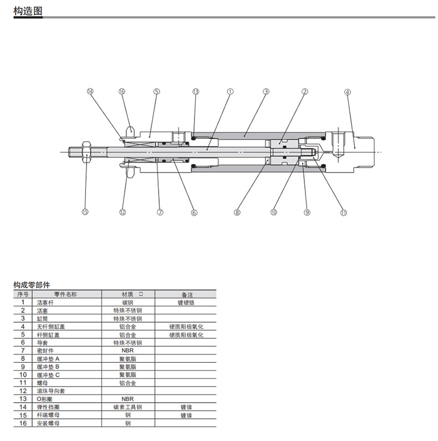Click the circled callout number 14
pyautogui.click(x=90, y=92)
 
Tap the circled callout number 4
pyautogui.click(x=348, y=92)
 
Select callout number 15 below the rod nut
pyautogui.click(x=85, y=212)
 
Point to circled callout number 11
pyautogui.click(x=344, y=212)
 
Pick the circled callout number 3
pyautogui.click(x=266, y=92)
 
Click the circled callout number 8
pyautogui.click(x=237, y=212)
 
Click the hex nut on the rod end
pyautogui.click(x=86, y=152)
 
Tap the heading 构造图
pyautogui.click(x=28, y=11)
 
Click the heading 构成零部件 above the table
pyautogui.click(x=32, y=285)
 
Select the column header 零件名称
pyautogui.click(x=65, y=295)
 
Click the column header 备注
pyautogui.click(x=187, y=295)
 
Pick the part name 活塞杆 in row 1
pyautogui.click(x=45, y=303)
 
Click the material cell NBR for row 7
pyautogui.click(x=128, y=351)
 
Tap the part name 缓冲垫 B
pyautogui.click(x=48, y=367)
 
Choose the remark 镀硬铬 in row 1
pyautogui.click(x=186, y=303)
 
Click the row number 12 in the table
pyautogui.click(x=23, y=391)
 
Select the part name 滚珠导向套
pyautogui.click(x=51, y=391)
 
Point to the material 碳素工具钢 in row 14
pyautogui.click(x=128, y=407)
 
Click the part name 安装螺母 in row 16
pyautogui.click(x=48, y=423)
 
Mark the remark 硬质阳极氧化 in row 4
pyautogui.click(x=186, y=327)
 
